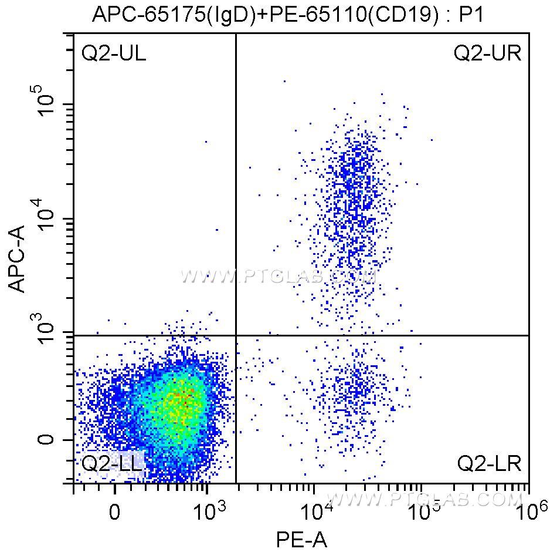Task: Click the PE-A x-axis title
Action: click(x=301, y=538)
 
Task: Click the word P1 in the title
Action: click(x=470, y=15)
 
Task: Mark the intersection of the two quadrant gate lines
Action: click(x=236, y=335)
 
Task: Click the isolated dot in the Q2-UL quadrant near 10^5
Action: click(x=206, y=142)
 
